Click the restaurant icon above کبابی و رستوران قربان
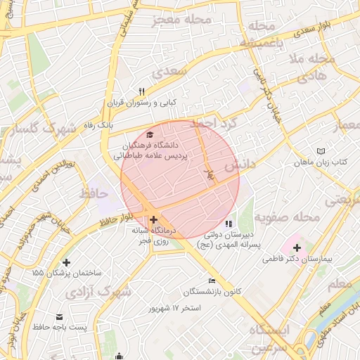pos(142,91)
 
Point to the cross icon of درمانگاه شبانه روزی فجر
pos(154,219)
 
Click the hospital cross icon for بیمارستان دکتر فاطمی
pos(297,247)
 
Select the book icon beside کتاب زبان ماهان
pos(322,152)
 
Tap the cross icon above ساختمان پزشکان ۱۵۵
pos(67,262)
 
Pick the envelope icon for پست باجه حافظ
pos(59,317)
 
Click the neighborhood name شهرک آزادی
pos(104,290)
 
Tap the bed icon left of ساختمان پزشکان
pos(34,271)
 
